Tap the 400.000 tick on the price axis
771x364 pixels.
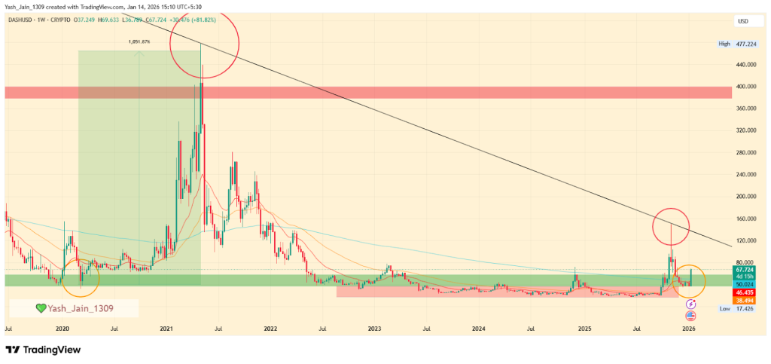coord(745,87)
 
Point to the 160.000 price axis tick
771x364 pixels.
coord(745,219)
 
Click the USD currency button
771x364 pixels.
coord(744,21)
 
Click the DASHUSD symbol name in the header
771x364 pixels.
coord(22,20)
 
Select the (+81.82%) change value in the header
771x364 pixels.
coord(202,20)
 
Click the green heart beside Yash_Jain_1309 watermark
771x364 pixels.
coord(42,307)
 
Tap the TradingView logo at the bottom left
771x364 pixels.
coord(43,350)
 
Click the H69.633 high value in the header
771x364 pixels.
coord(114,20)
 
